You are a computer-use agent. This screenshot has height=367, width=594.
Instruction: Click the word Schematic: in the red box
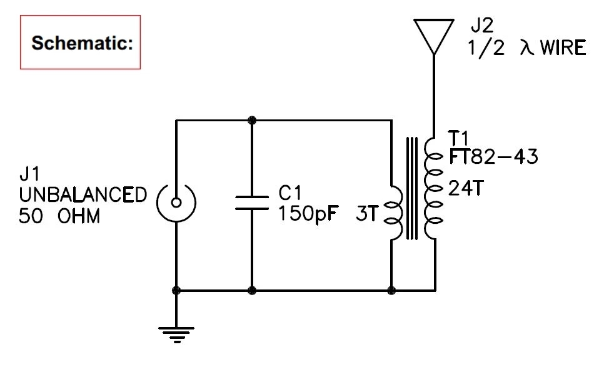click(x=80, y=43)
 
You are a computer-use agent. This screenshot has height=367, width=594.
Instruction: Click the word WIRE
click(x=563, y=48)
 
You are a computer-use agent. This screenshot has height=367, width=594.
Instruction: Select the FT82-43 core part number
click(x=493, y=156)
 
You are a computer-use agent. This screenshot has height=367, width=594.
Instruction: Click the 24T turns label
click(x=465, y=188)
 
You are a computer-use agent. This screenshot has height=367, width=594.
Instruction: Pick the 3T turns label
click(x=367, y=214)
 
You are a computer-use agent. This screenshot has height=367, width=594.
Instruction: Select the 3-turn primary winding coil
click(x=393, y=213)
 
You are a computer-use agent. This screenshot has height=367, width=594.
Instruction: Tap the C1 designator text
click(x=293, y=193)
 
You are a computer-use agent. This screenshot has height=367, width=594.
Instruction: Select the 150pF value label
click(x=308, y=214)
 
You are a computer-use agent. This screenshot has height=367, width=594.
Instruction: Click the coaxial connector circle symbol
click(x=176, y=202)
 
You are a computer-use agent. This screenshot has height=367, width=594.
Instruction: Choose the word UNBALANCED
click(x=83, y=194)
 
